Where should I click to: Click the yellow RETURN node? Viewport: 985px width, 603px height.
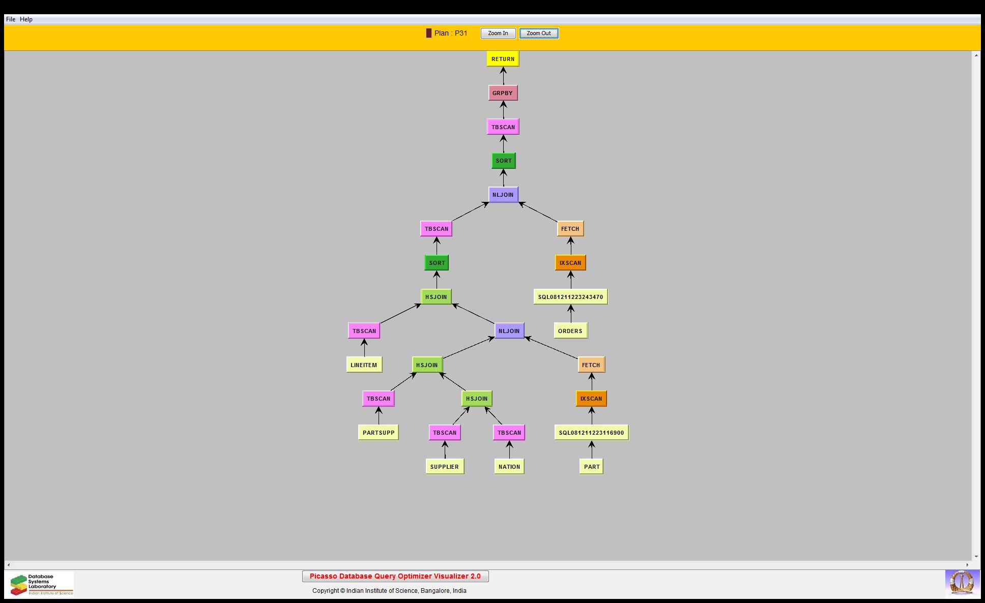tap(503, 59)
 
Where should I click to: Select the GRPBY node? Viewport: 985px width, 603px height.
tap(503, 93)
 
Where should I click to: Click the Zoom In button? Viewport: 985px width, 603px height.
tap(498, 34)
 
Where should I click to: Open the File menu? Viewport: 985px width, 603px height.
tap(11, 19)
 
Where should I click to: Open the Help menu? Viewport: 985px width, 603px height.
tap(26, 19)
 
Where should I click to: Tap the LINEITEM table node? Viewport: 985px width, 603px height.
tap(364, 365)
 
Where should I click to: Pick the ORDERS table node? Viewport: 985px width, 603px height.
tap(570, 331)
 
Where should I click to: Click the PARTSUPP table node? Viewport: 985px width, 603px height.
tap(379, 433)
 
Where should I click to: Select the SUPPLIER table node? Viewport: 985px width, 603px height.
tap(445, 467)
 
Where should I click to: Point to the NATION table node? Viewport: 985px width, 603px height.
tap(509, 467)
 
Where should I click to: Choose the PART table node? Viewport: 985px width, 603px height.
tap(592, 467)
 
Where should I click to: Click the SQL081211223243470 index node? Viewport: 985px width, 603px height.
tap(570, 297)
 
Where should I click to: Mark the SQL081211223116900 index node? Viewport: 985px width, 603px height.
tap(591, 433)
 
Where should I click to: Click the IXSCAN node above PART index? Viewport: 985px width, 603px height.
tap(591, 399)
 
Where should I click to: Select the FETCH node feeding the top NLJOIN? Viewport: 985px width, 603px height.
tap(570, 229)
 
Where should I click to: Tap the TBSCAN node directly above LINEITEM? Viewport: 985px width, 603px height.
tap(364, 331)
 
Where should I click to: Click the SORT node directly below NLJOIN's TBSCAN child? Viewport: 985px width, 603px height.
tap(437, 263)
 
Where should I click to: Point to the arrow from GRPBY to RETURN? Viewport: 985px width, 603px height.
tap(503, 76)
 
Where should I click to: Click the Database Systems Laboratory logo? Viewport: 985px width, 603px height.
tap(40, 584)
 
